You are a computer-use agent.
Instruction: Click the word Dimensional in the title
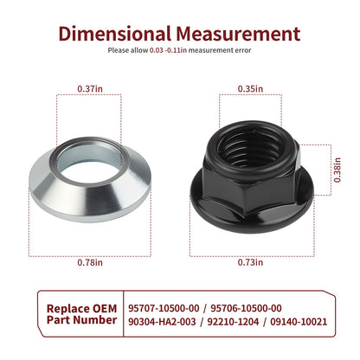[114, 34]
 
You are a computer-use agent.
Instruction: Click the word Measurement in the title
[238, 34]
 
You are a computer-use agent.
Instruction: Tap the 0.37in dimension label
[90, 88]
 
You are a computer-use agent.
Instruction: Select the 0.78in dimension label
[90, 262]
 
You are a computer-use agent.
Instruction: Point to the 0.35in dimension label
[250, 88]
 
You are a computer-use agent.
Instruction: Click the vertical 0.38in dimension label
[337, 170]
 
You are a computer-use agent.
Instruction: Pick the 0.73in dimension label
[250, 262]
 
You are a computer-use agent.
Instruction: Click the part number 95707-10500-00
[164, 308]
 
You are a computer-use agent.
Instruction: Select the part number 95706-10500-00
[246, 308]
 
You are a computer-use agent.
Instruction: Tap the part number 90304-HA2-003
[162, 322]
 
